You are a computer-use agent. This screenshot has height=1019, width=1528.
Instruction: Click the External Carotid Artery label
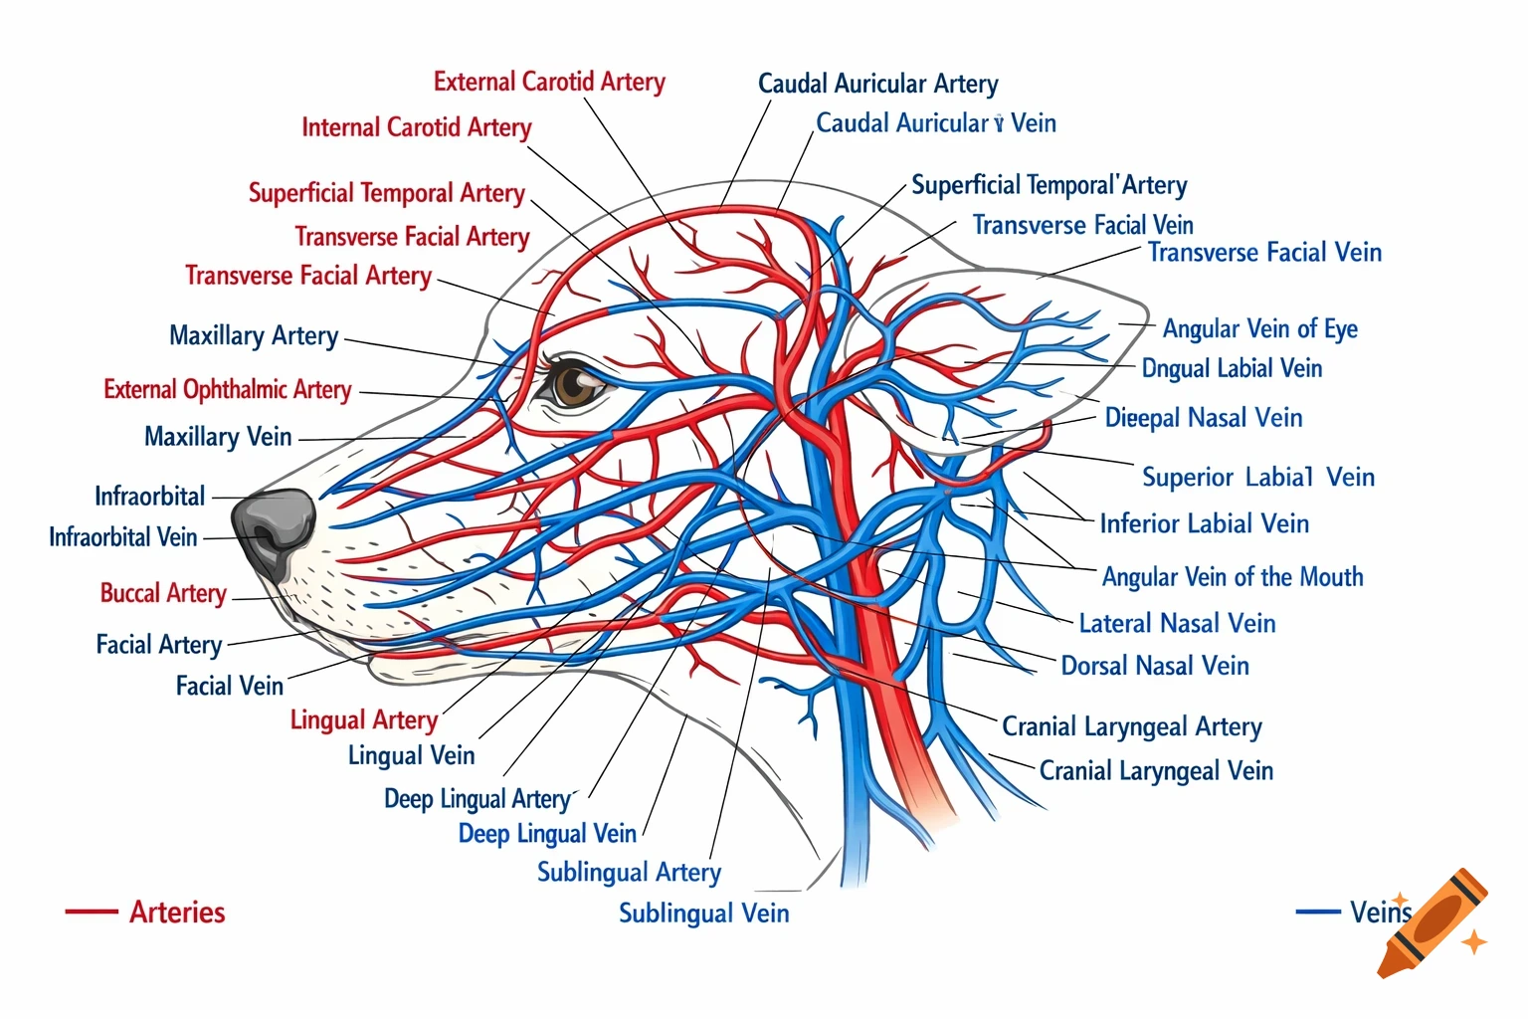[549, 82]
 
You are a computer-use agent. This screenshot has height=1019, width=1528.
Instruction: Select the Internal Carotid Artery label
[416, 127]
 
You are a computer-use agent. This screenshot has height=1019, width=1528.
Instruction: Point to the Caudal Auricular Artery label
[877, 84]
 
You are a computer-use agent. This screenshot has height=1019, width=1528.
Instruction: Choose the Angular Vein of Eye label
[1259, 328]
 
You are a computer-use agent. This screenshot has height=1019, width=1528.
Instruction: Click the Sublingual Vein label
[703, 913]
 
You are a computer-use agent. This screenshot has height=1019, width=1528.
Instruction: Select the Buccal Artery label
[163, 593]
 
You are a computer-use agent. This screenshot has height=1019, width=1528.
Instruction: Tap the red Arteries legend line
[91, 912]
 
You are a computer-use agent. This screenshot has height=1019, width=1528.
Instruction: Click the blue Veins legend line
[1317, 912]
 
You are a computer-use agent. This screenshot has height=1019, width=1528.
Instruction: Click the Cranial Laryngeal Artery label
[1131, 726]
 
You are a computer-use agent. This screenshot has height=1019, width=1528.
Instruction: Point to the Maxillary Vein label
[218, 437]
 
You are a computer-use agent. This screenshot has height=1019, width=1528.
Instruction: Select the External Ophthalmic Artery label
[227, 389]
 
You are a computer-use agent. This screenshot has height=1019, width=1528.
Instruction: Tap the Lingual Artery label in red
[363, 719]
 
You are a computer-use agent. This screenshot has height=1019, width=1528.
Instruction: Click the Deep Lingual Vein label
[546, 833]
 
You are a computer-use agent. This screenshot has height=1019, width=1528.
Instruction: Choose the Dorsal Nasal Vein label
[1154, 666]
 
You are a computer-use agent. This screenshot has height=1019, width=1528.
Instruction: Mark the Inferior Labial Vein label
[1204, 523]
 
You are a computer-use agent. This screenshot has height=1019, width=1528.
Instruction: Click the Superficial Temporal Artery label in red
[386, 193]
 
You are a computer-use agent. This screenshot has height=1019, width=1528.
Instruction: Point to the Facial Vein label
[229, 686]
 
